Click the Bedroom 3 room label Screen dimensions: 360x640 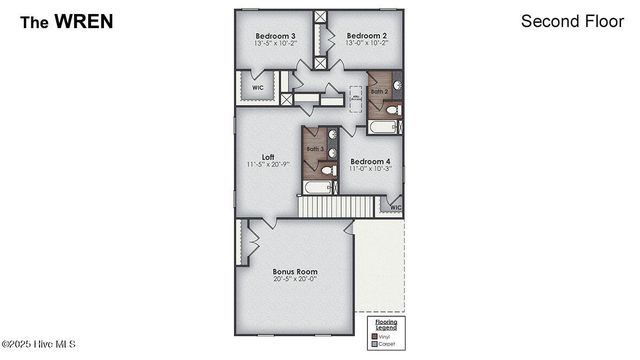pyautogui.click(x=274, y=35)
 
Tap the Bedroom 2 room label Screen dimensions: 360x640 pyautogui.click(x=366, y=35)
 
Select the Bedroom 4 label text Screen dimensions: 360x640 pyautogui.click(x=369, y=161)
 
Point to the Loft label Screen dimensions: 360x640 pyautogui.click(x=268, y=156)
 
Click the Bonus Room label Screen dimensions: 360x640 pyautogui.click(x=295, y=271)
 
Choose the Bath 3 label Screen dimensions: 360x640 pyautogui.click(x=315, y=149)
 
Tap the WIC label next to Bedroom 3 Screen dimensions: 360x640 pyautogui.click(x=257, y=87)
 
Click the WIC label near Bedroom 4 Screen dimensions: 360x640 pyautogui.click(x=395, y=208)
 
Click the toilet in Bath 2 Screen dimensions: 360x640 pyautogui.click(x=395, y=110)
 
